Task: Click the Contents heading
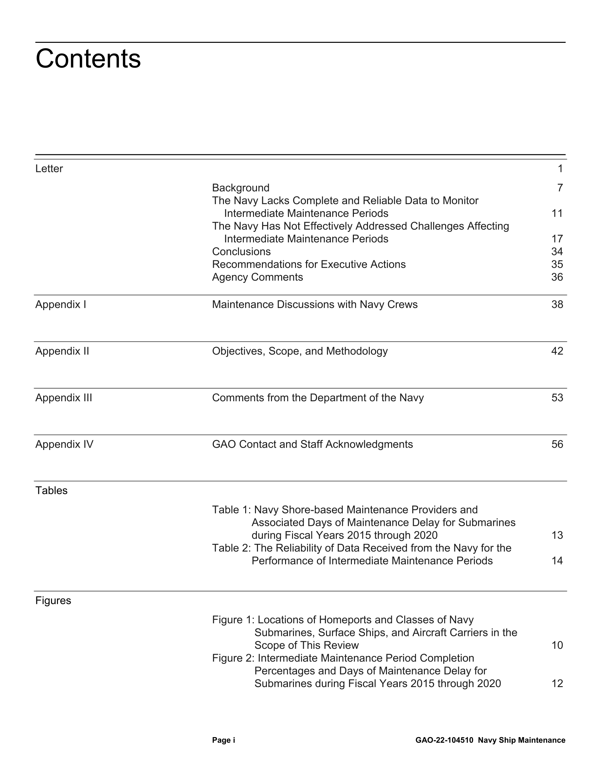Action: pos(88,59)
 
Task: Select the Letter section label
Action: pos(49,169)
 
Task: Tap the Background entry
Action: pos(241,188)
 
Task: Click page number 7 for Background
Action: pos(560,188)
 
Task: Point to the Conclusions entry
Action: pos(241,251)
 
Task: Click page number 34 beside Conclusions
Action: pos(557,251)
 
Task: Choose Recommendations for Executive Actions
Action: pos(309,264)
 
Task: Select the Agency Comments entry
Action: pos(257,277)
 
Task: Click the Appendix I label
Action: pos(61,304)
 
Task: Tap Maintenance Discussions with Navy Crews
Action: pos(315,304)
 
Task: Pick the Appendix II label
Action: pos(62,351)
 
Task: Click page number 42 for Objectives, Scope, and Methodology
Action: pos(557,351)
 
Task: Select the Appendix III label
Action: pos(64,398)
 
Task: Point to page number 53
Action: pos(557,398)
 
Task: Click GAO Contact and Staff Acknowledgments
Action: pos(312,444)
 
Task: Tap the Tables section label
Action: pos(51,491)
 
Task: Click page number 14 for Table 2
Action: pos(557,561)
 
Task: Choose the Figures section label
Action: pos(53,601)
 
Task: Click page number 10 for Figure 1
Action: pos(557,645)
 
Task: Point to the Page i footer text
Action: pos(224,740)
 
